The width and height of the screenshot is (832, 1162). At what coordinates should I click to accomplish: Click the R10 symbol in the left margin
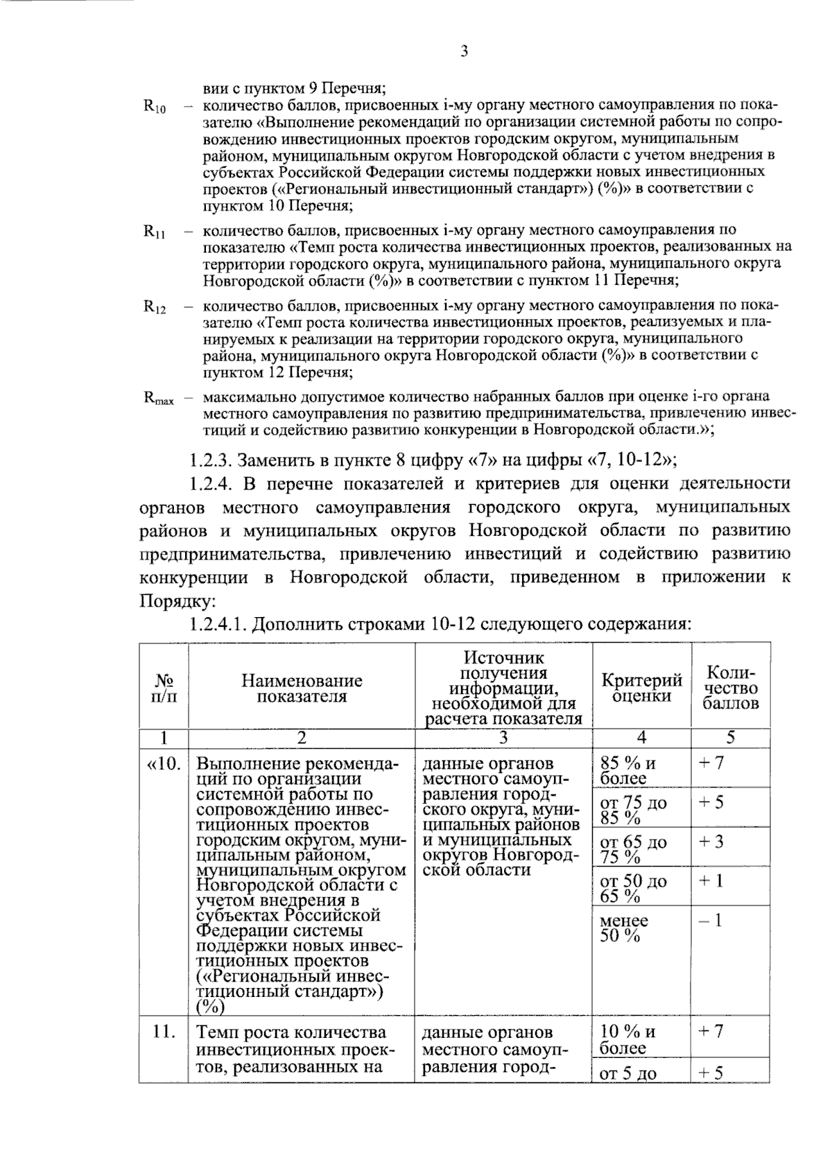(154, 107)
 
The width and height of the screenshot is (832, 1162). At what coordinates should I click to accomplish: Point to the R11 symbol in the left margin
(154, 232)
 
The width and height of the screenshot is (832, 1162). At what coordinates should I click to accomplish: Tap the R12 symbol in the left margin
(154, 307)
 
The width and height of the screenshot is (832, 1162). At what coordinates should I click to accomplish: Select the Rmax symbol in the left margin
(159, 399)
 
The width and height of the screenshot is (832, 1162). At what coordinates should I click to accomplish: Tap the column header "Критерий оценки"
(641, 688)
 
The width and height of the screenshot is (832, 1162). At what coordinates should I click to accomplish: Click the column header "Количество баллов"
(730, 688)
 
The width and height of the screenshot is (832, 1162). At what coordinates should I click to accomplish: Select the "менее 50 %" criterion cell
(624, 928)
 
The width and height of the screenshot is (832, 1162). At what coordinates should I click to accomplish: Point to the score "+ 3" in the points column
(711, 842)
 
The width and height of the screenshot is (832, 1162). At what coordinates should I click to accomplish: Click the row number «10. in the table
(164, 764)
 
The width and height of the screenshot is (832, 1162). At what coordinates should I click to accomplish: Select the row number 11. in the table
(164, 1032)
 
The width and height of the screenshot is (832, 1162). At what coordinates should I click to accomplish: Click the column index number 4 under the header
(641, 738)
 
